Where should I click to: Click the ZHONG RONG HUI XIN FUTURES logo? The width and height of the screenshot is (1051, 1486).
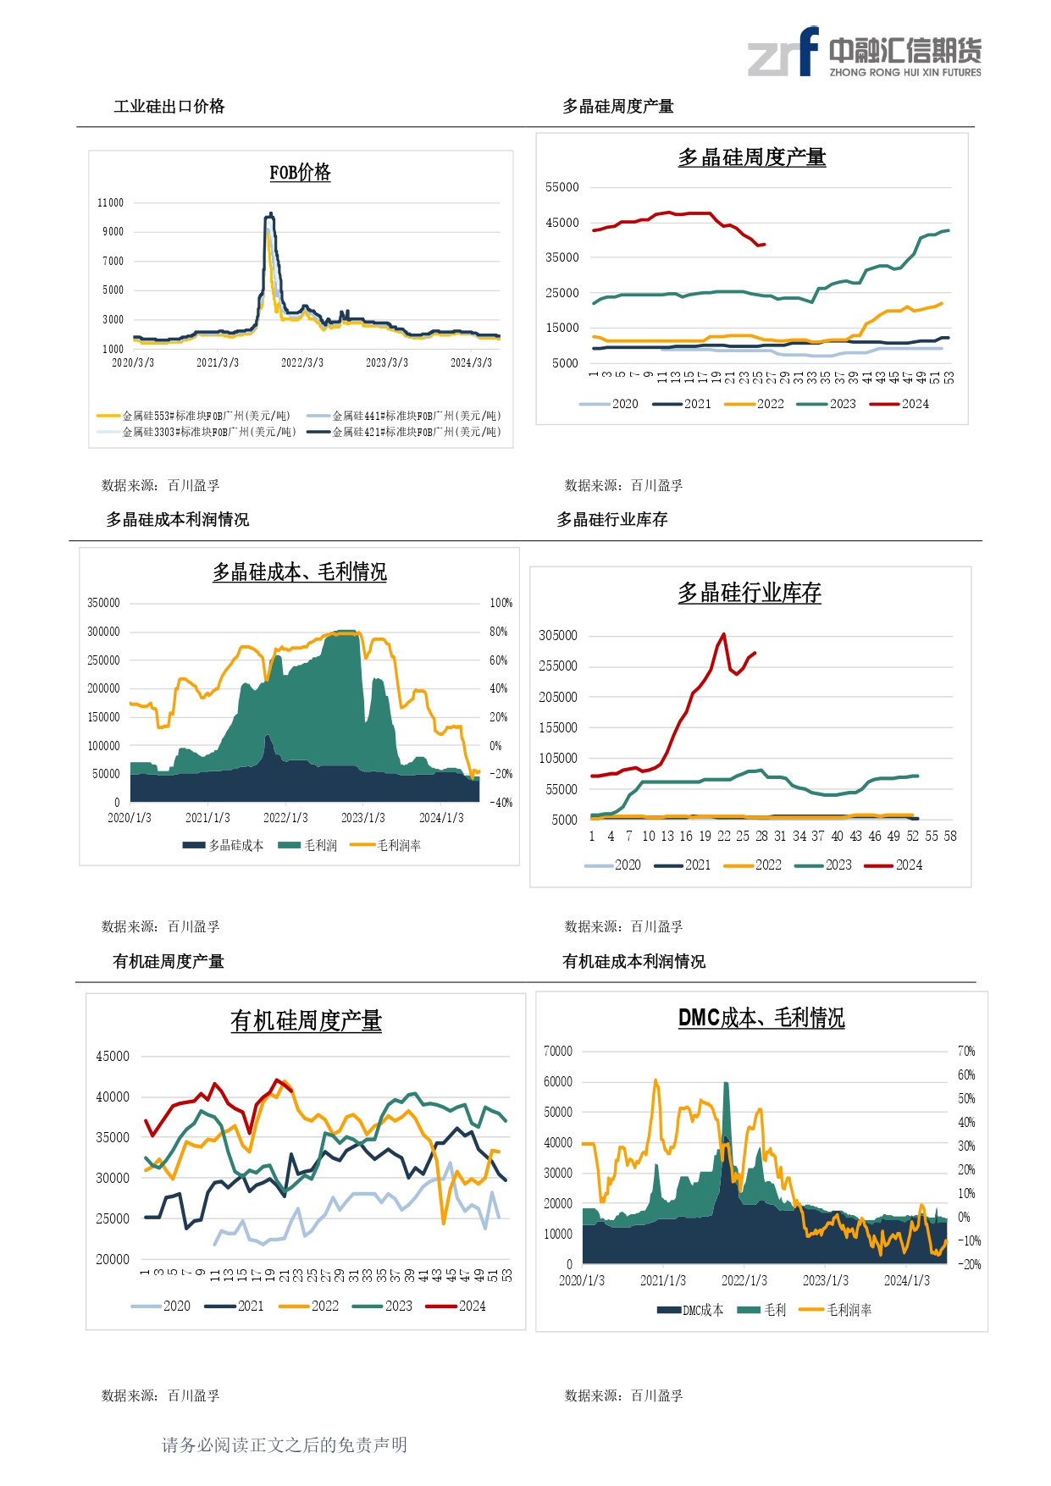864,52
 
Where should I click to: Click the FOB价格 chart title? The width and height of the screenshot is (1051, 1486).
300,173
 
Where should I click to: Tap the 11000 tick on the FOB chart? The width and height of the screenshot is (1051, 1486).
110,203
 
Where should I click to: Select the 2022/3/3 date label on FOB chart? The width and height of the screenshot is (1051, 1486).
302,362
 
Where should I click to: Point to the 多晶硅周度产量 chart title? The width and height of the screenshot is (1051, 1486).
751,157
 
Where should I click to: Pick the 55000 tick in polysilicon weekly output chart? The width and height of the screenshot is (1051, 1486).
562,187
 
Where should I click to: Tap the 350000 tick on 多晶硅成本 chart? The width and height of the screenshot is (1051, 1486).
103,603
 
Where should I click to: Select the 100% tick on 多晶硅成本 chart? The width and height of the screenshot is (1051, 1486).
501,603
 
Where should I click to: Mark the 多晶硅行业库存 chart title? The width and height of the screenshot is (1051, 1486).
749,593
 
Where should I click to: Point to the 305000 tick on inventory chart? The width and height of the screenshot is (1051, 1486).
558,636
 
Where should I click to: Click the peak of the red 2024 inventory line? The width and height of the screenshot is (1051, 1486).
723,633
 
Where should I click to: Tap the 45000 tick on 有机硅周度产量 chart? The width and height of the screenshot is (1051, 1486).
113,1057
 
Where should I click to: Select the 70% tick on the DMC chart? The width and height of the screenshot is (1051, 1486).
966,1052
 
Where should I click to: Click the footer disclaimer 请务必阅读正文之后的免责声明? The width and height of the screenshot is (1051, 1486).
285,1445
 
